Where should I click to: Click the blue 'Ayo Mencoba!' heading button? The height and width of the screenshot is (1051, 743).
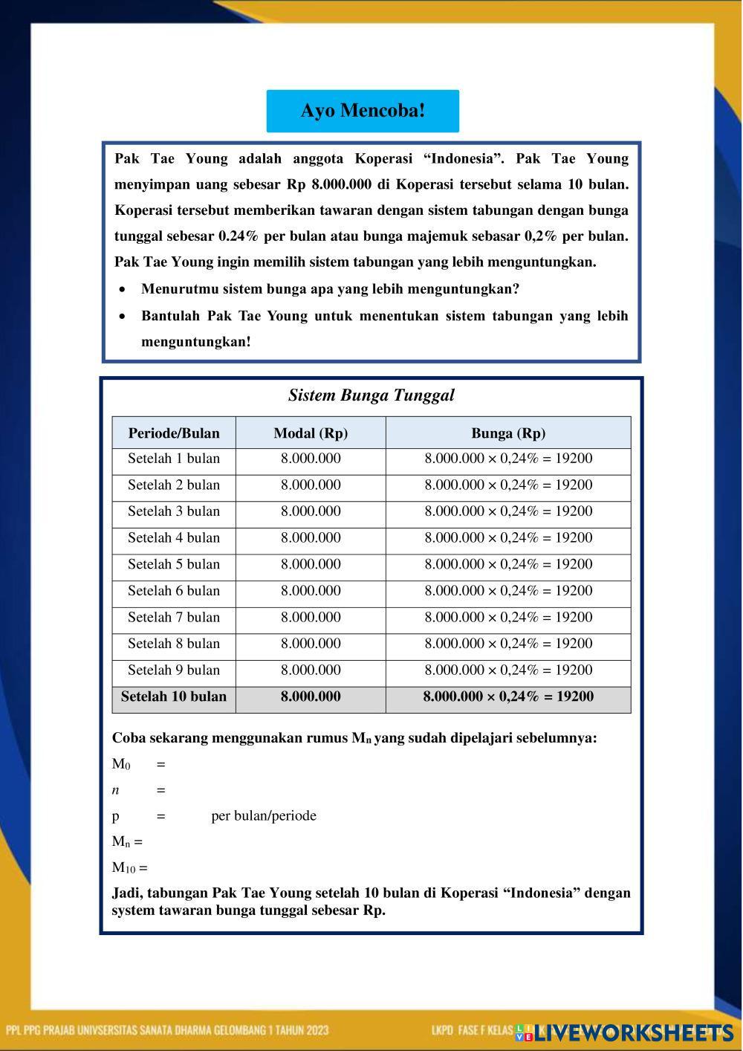pyautogui.click(x=363, y=111)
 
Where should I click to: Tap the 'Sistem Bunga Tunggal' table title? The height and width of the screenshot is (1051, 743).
pyautogui.click(x=371, y=395)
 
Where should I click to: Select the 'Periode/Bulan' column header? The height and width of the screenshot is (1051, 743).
pyautogui.click(x=174, y=433)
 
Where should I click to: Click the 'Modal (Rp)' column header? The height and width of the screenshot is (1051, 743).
pyautogui.click(x=311, y=433)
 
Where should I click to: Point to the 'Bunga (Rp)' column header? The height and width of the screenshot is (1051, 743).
pyautogui.click(x=508, y=433)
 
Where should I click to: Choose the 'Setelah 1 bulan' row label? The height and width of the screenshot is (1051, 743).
pyautogui.click(x=174, y=459)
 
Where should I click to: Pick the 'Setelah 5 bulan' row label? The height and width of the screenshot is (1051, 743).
pyautogui.click(x=174, y=564)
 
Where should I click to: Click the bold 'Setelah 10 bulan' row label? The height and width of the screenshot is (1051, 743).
pyautogui.click(x=174, y=696)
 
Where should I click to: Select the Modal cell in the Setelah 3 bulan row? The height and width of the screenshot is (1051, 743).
pyautogui.click(x=311, y=511)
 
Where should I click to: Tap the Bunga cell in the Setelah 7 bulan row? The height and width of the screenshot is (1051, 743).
pyautogui.click(x=508, y=617)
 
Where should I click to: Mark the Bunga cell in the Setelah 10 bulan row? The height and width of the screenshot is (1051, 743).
pyautogui.click(x=508, y=696)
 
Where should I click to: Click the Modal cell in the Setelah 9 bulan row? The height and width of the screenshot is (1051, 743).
pyautogui.click(x=311, y=670)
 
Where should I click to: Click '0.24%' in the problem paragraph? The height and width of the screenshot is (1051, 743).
pyautogui.click(x=239, y=236)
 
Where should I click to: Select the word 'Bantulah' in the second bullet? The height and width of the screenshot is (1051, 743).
pyautogui.click(x=170, y=316)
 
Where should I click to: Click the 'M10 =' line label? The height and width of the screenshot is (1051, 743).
pyautogui.click(x=129, y=867)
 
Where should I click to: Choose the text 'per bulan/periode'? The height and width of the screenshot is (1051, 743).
pyautogui.click(x=264, y=815)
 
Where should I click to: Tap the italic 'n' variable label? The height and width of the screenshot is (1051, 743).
pyautogui.click(x=116, y=790)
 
